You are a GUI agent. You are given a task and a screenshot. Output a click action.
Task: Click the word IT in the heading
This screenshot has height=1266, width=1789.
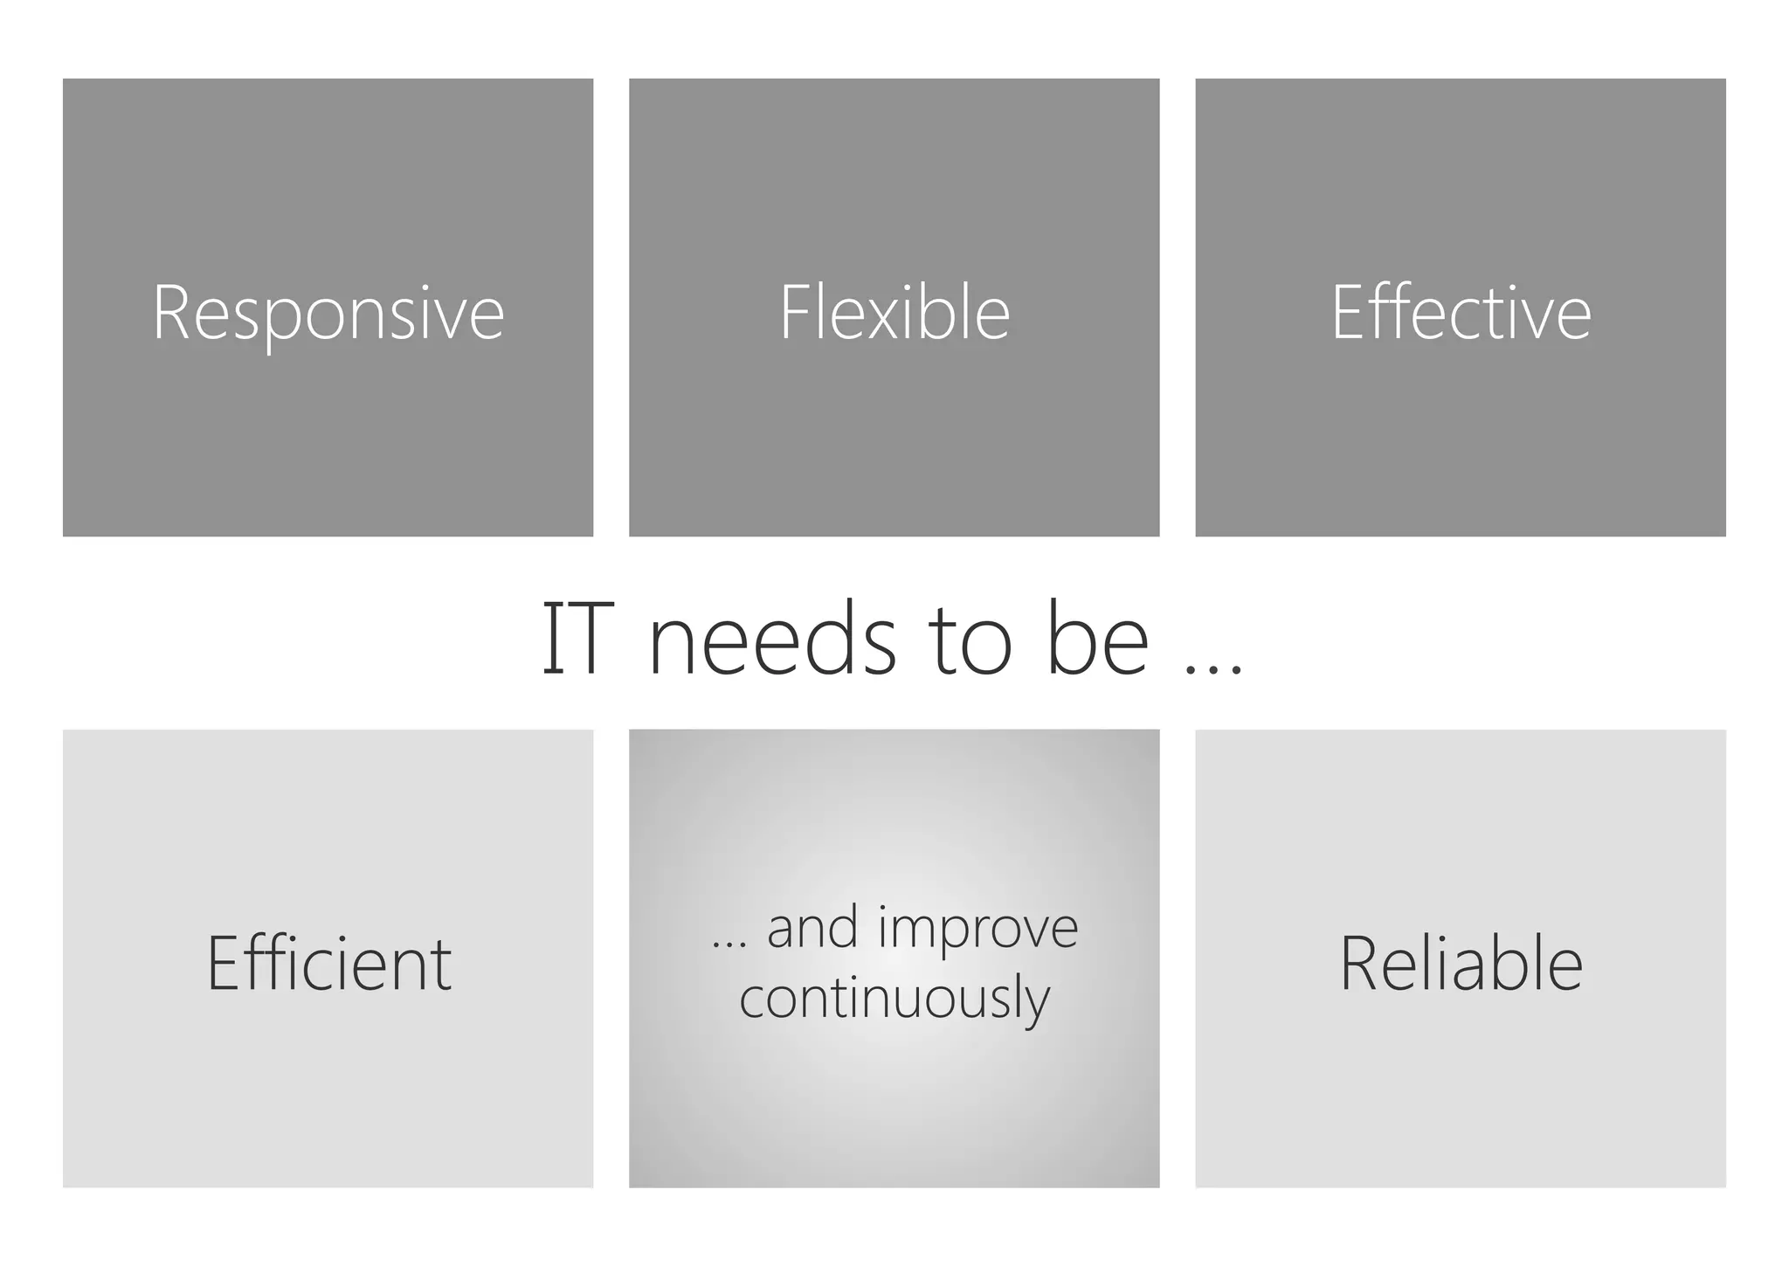(x=573, y=640)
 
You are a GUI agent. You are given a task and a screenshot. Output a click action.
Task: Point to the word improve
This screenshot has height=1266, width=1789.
(x=977, y=928)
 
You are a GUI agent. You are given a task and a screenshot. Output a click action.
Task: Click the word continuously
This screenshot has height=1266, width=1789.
(x=894, y=999)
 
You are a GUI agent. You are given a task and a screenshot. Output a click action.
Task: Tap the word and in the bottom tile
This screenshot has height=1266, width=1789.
(x=812, y=928)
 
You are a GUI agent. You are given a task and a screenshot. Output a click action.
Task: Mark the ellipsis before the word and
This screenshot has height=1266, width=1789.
(x=729, y=944)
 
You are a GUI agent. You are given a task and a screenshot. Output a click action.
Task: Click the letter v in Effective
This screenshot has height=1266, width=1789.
(x=1538, y=321)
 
